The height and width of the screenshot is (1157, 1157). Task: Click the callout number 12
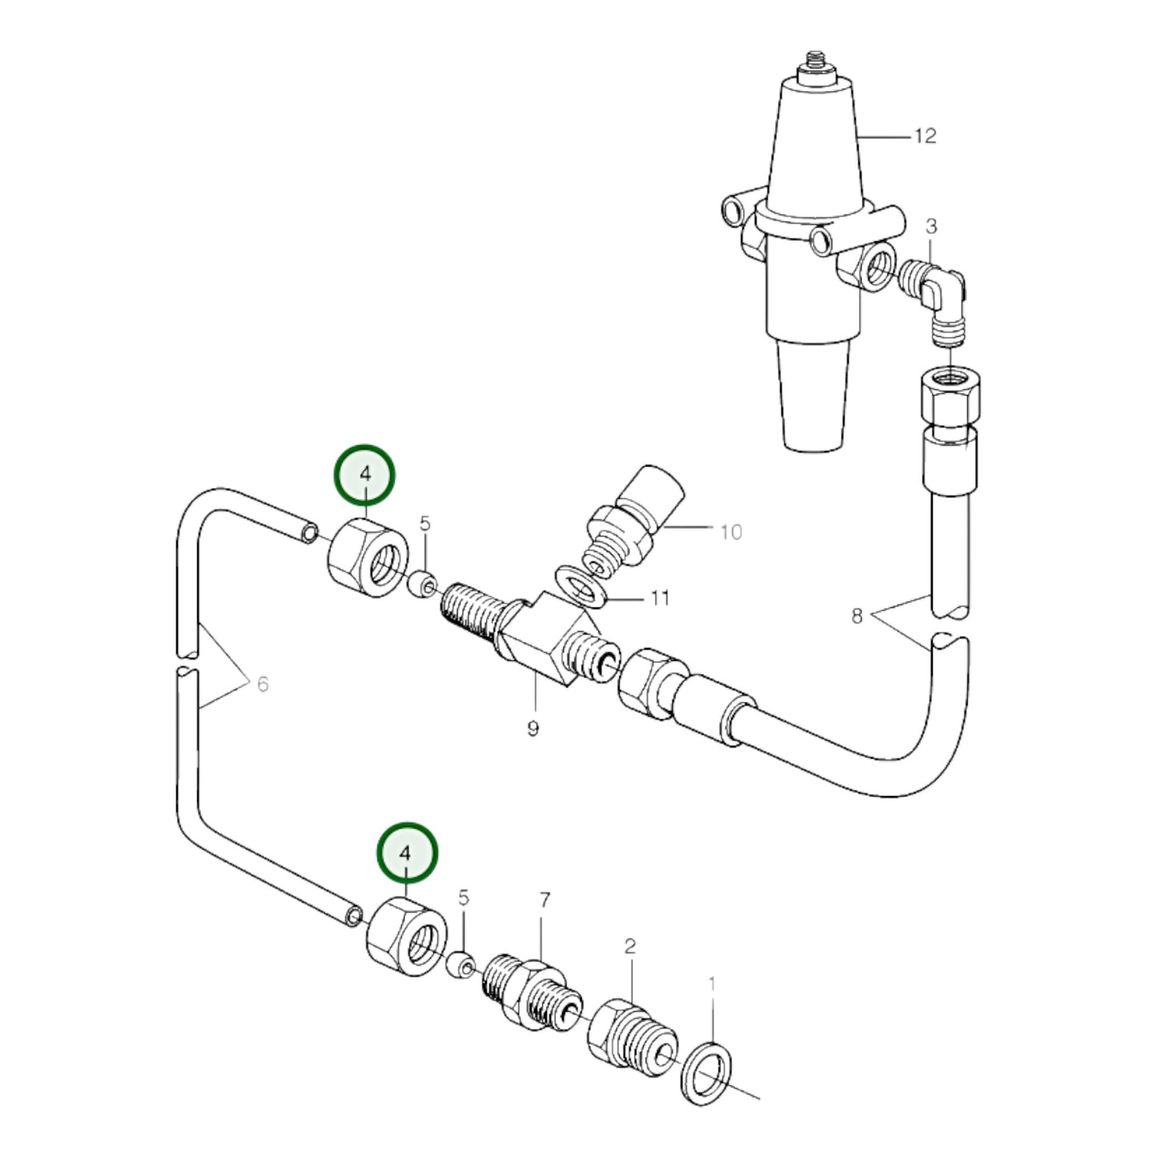pyautogui.click(x=925, y=136)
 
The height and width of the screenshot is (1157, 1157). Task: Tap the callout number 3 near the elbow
pyautogui.click(x=931, y=227)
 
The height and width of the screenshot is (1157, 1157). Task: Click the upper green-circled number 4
pyautogui.click(x=364, y=474)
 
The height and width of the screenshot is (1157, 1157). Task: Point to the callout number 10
pyautogui.click(x=731, y=532)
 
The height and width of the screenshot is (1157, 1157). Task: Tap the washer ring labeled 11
pyautogui.click(x=583, y=583)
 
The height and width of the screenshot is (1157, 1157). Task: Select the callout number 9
pyautogui.click(x=533, y=728)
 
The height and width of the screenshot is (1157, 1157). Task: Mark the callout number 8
pyautogui.click(x=857, y=616)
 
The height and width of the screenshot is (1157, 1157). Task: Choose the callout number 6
pyautogui.click(x=263, y=684)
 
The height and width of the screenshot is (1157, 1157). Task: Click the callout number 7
pyautogui.click(x=544, y=901)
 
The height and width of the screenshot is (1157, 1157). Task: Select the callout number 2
pyautogui.click(x=630, y=946)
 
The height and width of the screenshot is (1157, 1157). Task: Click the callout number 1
pyautogui.click(x=712, y=983)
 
